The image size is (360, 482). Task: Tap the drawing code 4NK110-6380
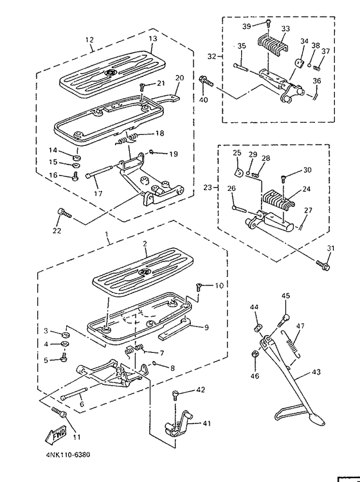point(68,454)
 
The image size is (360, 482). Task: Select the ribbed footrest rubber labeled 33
point(270,48)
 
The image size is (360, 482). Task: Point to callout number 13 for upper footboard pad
point(153,39)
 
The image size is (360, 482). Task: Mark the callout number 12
point(90,39)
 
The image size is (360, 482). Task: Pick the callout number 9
point(207,327)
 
